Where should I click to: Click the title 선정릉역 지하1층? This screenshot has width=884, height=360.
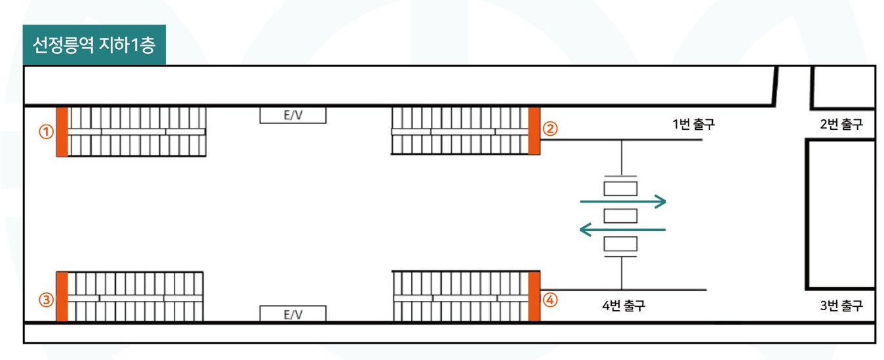pos(94,45)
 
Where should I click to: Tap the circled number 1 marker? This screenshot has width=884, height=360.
pos(46,131)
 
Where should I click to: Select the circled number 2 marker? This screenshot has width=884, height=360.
pos(550,129)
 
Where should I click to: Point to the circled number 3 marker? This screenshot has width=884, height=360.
pos(46,300)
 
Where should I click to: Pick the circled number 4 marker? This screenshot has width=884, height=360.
pos(550,300)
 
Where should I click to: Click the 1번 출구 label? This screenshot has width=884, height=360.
pos(693,124)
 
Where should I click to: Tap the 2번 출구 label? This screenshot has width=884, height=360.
pos(841,124)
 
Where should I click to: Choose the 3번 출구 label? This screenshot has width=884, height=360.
pos(841,305)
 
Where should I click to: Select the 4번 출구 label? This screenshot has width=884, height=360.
pos(624,305)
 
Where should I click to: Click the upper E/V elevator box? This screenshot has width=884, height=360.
pos(293,115)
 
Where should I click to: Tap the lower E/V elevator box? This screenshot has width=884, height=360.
pos(293,314)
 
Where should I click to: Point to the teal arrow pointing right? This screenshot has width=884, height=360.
pos(623,201)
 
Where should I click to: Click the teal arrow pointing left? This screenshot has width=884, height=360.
pos(622,230)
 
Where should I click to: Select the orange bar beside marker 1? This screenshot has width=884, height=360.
pos(62,132)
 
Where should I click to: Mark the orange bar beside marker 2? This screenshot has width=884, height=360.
pos(534,130)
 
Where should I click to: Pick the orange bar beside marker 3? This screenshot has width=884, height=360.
pos(62,296)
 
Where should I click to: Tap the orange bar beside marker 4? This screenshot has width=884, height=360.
pos(534,296)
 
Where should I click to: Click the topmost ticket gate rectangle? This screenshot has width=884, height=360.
pos(620,189)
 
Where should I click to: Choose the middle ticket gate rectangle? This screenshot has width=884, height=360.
pos(620,216)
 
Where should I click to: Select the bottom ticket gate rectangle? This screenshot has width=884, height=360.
pos(620,244)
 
